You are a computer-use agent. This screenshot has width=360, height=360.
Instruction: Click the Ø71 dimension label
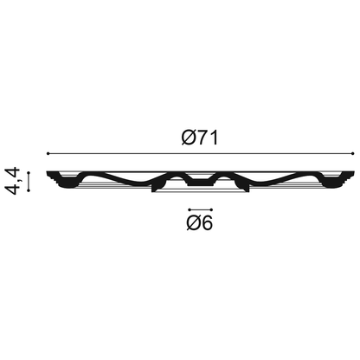[x=200, y=138]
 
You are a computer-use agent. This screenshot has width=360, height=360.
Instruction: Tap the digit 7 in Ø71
[x=202, y=138]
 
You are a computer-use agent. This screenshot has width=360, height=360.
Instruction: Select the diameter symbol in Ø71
[x=189, y=138]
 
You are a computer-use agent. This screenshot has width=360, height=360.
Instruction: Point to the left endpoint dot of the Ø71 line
[x=48, y=153]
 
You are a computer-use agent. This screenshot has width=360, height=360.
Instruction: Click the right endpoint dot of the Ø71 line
[x=353, y=153]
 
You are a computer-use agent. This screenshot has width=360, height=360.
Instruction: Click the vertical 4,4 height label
[x=12, y=181]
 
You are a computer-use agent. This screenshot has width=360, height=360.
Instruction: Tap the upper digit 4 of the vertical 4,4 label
[x=12, y=173]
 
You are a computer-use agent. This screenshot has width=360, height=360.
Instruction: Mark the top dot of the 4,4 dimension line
[x=29, y=172]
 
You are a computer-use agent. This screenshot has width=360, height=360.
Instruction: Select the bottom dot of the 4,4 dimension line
[x=29, y=190]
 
